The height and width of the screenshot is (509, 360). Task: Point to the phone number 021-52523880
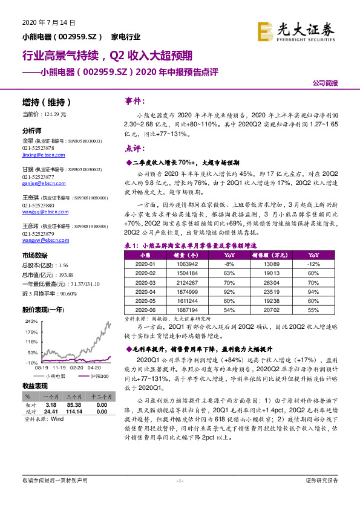pos(38,205)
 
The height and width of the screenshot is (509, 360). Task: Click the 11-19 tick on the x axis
pos(59,366)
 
